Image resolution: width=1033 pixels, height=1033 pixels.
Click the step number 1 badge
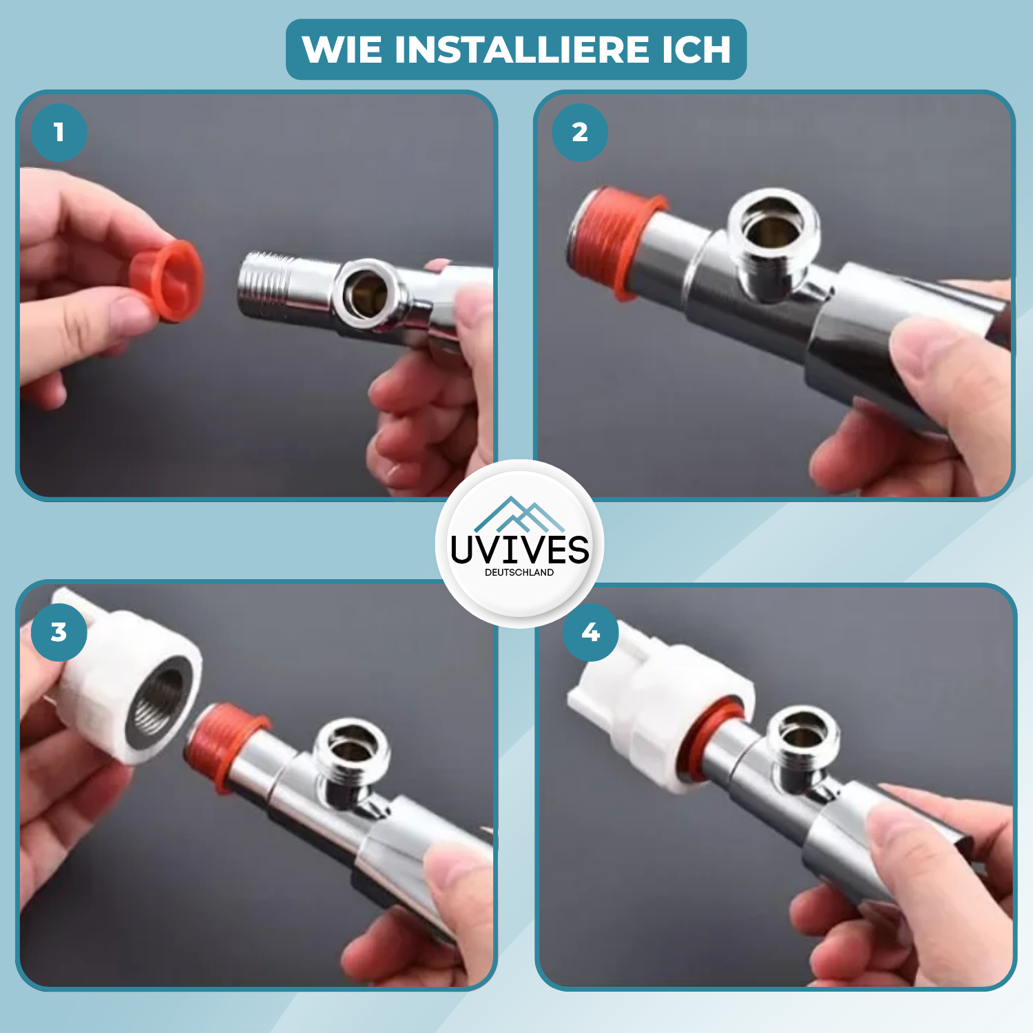point(59,132)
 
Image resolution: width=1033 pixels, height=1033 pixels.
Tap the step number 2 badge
point(580,132)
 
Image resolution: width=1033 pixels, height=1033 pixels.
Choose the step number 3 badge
point(59,632)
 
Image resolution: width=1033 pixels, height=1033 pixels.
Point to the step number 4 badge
point(591,632)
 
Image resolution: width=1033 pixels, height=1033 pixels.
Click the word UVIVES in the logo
point(520,550)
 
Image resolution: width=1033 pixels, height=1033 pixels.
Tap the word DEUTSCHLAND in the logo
point(519,572)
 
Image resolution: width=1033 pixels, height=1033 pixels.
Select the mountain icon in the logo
point(520,514)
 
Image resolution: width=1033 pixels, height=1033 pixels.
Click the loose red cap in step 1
point(167,281)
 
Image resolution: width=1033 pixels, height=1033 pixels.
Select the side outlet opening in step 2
point(774,227)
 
